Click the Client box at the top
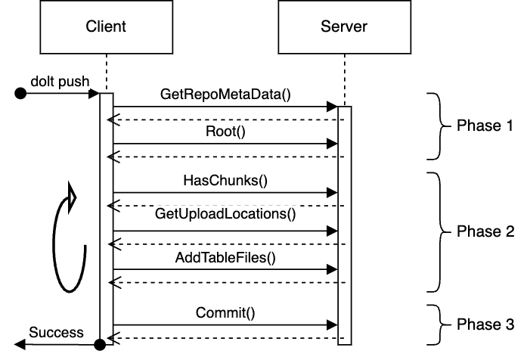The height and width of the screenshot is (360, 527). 106,27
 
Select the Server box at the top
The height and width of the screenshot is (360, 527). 345,27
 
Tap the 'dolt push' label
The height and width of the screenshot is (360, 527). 60,82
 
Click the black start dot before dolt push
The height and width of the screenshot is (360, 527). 20,93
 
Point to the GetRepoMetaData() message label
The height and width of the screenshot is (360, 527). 225,95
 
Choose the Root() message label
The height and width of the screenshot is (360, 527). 225,132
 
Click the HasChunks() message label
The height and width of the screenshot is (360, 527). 225,181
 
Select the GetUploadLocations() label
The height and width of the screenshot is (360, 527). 225,214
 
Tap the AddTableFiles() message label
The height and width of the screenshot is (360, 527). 225,258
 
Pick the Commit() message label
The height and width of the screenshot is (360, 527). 225,313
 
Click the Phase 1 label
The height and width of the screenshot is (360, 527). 485,126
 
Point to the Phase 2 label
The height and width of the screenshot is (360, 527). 485,231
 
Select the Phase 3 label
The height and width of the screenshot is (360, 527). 485,324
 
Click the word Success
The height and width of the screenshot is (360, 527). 56,333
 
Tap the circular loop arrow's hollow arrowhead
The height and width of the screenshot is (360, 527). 71,197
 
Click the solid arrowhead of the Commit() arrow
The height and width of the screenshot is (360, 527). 332,325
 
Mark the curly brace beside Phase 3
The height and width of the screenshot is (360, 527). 439,324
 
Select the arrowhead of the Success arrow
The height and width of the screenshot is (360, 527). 20,345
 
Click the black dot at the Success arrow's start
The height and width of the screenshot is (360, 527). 100,345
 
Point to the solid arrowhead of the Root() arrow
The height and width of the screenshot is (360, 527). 332,144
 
